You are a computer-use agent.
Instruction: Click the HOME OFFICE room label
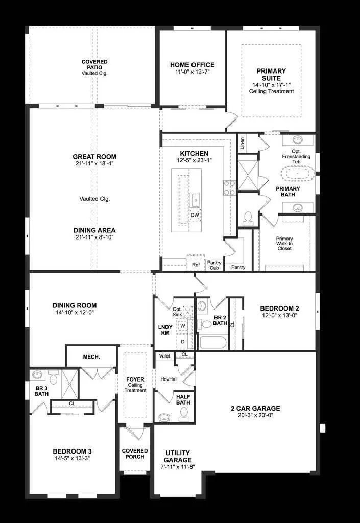point(192,65)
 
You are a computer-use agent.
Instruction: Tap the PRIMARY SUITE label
point(271,75)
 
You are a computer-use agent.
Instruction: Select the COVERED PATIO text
point(94,65)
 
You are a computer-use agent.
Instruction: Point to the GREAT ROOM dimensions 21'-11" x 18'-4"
point(94,164)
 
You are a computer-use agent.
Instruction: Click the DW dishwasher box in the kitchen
point(195,215)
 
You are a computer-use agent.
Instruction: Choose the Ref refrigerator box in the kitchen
point(196,265)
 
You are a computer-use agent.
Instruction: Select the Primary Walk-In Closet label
point(284,244)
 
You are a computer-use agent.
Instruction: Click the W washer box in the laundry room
point(183,325)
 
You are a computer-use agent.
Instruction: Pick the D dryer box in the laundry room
point(183,341)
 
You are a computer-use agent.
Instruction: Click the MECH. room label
point(91,356)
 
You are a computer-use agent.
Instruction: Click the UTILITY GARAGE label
point(178,457)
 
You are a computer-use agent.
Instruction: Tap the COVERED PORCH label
point(135,454)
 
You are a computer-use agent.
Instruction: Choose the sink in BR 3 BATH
point(37,375)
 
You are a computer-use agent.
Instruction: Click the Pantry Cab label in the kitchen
point(214,265)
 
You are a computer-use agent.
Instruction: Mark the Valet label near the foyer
point(164,355)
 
